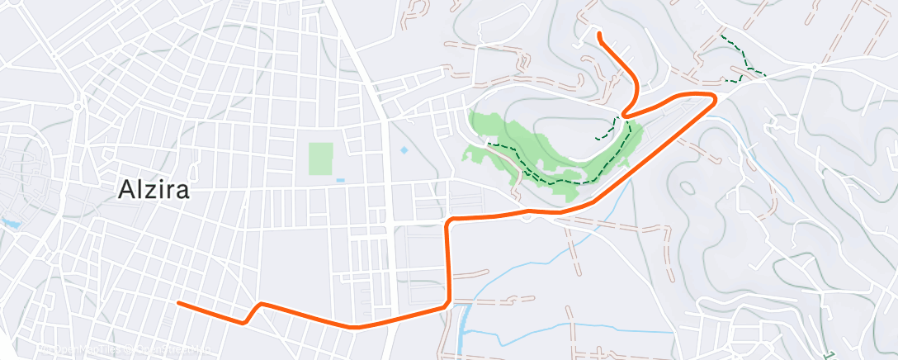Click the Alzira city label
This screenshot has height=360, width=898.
point(154,191)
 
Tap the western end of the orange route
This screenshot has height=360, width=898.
point(179,303)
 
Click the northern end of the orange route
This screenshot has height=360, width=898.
point(598,34)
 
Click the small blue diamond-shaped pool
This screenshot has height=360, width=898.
point(404,151)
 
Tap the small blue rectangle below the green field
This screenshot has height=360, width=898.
point(341,180)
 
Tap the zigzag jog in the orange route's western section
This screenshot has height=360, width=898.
point(252,313)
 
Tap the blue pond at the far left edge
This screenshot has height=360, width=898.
point(10,223)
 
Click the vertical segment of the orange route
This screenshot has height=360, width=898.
point(449,264)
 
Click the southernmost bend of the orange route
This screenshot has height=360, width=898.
point(357,327)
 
